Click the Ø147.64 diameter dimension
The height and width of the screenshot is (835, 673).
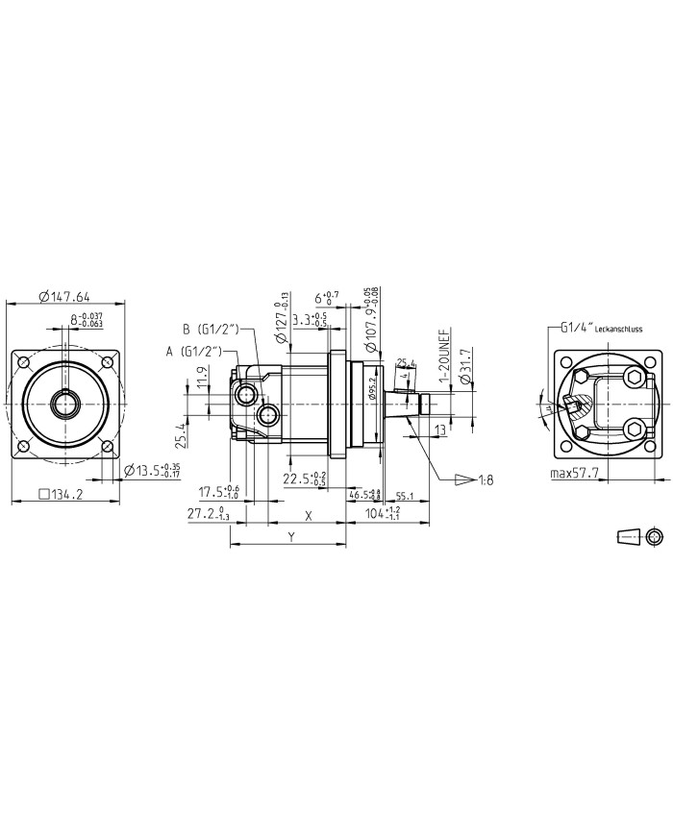64,296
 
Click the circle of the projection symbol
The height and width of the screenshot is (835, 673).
655,535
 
